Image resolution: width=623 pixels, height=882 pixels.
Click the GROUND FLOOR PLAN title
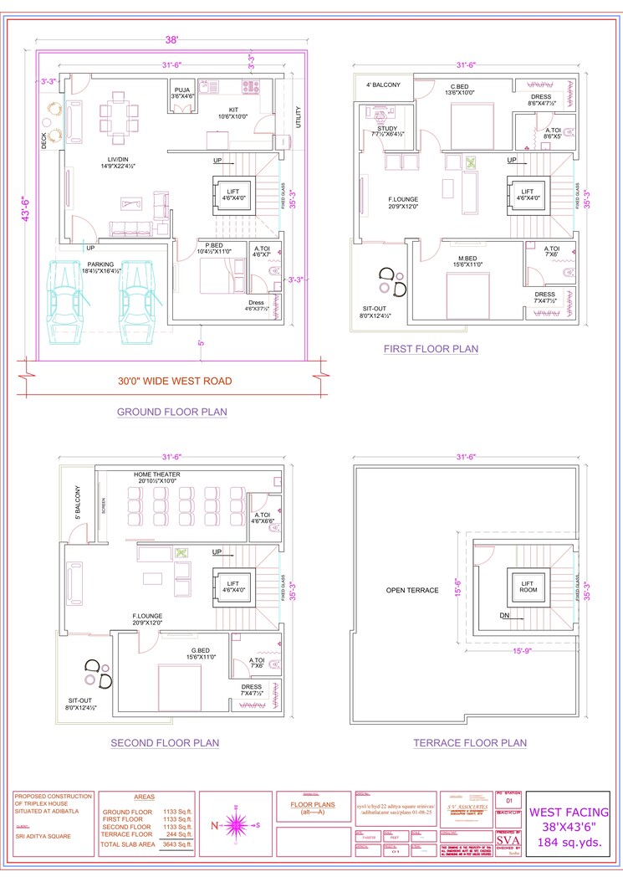(x=171, y=412)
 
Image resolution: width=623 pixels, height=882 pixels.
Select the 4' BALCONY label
(x=383, y=85)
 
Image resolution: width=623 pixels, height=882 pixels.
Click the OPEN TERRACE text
(x=412, y=590)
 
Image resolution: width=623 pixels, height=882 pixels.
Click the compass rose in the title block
(x=238, y=825)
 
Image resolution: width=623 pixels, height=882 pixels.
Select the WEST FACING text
(x=570, y=812)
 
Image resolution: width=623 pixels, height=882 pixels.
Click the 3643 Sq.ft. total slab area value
(x=177, y=845)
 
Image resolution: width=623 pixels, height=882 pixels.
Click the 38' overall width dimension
(x=173, y=39)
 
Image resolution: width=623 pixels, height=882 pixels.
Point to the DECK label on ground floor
(x=44, y=142)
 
